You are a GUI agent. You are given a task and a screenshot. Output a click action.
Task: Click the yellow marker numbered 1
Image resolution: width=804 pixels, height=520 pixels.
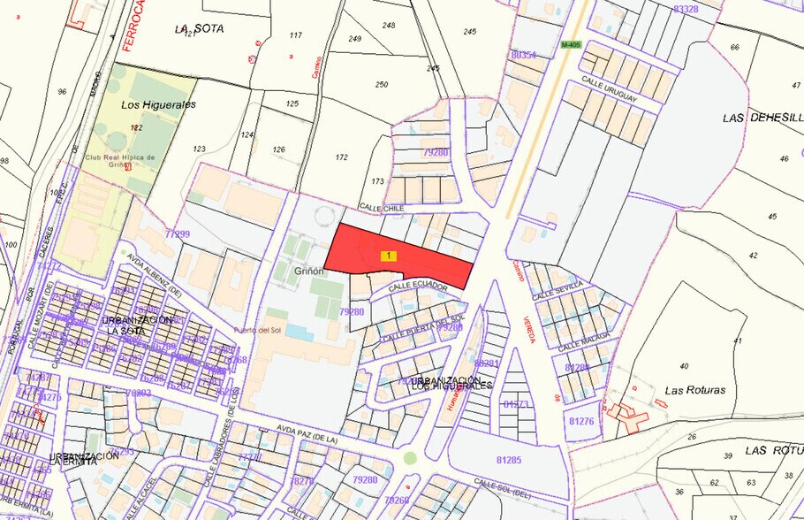(389, 256)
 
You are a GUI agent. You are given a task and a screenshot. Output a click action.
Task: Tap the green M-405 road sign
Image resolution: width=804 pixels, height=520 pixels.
(571, 43)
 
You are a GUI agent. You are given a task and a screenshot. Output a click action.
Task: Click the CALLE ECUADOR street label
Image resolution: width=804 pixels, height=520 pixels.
(413, 286)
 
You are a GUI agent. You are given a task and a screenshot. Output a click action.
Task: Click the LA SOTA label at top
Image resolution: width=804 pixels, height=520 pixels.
(200, 28)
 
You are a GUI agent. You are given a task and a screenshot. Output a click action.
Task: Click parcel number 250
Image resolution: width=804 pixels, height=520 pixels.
(382, 84)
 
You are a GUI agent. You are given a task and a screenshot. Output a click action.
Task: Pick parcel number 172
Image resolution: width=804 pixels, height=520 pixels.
(342, 157)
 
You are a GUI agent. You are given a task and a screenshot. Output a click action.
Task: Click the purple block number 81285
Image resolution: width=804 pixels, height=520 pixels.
(509, 460)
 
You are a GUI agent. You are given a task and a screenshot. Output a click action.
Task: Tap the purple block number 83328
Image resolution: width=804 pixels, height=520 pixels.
(686, 9)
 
